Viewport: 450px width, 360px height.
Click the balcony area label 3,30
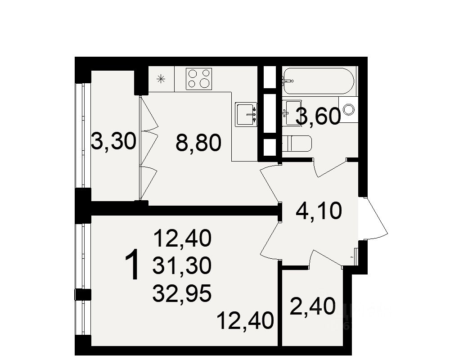113,143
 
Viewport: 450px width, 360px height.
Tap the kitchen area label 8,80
198,144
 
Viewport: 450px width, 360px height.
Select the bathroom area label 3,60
318,117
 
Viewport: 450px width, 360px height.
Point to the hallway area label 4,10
319,211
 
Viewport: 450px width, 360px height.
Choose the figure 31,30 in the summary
182,267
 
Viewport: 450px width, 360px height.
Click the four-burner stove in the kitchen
199,78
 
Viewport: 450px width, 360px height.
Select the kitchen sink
246,114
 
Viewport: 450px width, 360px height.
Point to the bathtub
318,81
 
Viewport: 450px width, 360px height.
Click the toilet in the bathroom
297,144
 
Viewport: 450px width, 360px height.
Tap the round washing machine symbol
349,109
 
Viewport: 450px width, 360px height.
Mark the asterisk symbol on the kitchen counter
161,80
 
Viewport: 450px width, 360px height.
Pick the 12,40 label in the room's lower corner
245,321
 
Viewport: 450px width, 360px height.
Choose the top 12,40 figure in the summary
182,238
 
